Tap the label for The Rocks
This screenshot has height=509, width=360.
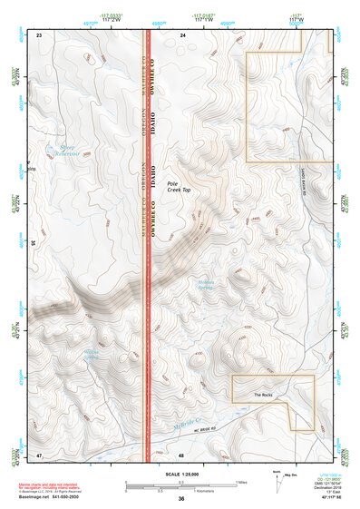[263, 395]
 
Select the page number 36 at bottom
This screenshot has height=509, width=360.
[181, 499]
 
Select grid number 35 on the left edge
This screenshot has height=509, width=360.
[34, 242]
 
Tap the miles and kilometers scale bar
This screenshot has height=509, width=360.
[180, 485]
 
